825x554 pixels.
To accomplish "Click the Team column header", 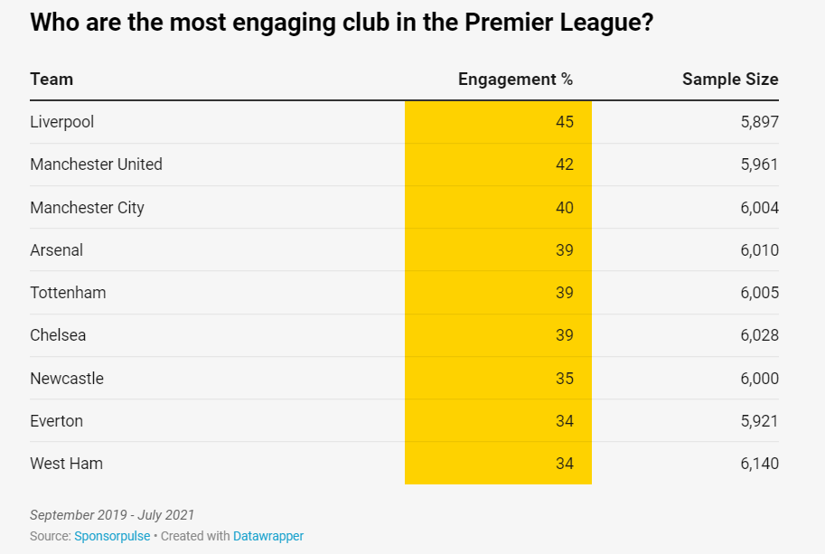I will pos(52,80).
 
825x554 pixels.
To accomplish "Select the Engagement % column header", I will pos(515,80).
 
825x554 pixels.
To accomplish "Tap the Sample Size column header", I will pos(729,80).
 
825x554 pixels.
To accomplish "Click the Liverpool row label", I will pos(61,122).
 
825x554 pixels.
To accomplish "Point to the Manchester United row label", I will pos(96,164).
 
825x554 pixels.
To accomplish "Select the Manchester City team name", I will pos(87,208).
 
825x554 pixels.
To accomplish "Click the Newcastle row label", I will pos(67,379).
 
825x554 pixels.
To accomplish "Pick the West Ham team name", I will pos(66,464).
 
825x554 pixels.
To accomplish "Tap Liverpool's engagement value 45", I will pos(564,122).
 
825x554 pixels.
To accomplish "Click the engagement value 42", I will pos(564,164).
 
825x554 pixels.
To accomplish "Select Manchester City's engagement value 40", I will pos(564,208).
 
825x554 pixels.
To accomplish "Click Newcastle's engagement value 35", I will pos(564,379).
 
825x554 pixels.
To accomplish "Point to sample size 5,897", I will pos(759,122).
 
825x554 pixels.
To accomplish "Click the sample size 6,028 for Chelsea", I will pos(759,335).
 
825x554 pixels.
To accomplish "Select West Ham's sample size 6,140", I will pos(759,464).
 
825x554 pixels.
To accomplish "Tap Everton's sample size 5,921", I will pos(759,421).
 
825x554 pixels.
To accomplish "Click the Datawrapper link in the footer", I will pos(268,536).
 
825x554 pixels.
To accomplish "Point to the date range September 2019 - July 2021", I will pos(112,515).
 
